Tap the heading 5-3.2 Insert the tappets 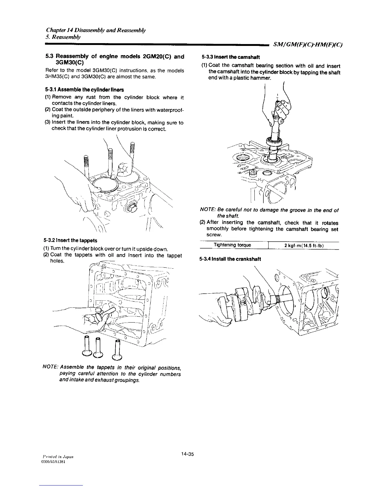(71, 240)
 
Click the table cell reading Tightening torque (232, 245)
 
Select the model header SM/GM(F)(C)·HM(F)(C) (308, 45)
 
